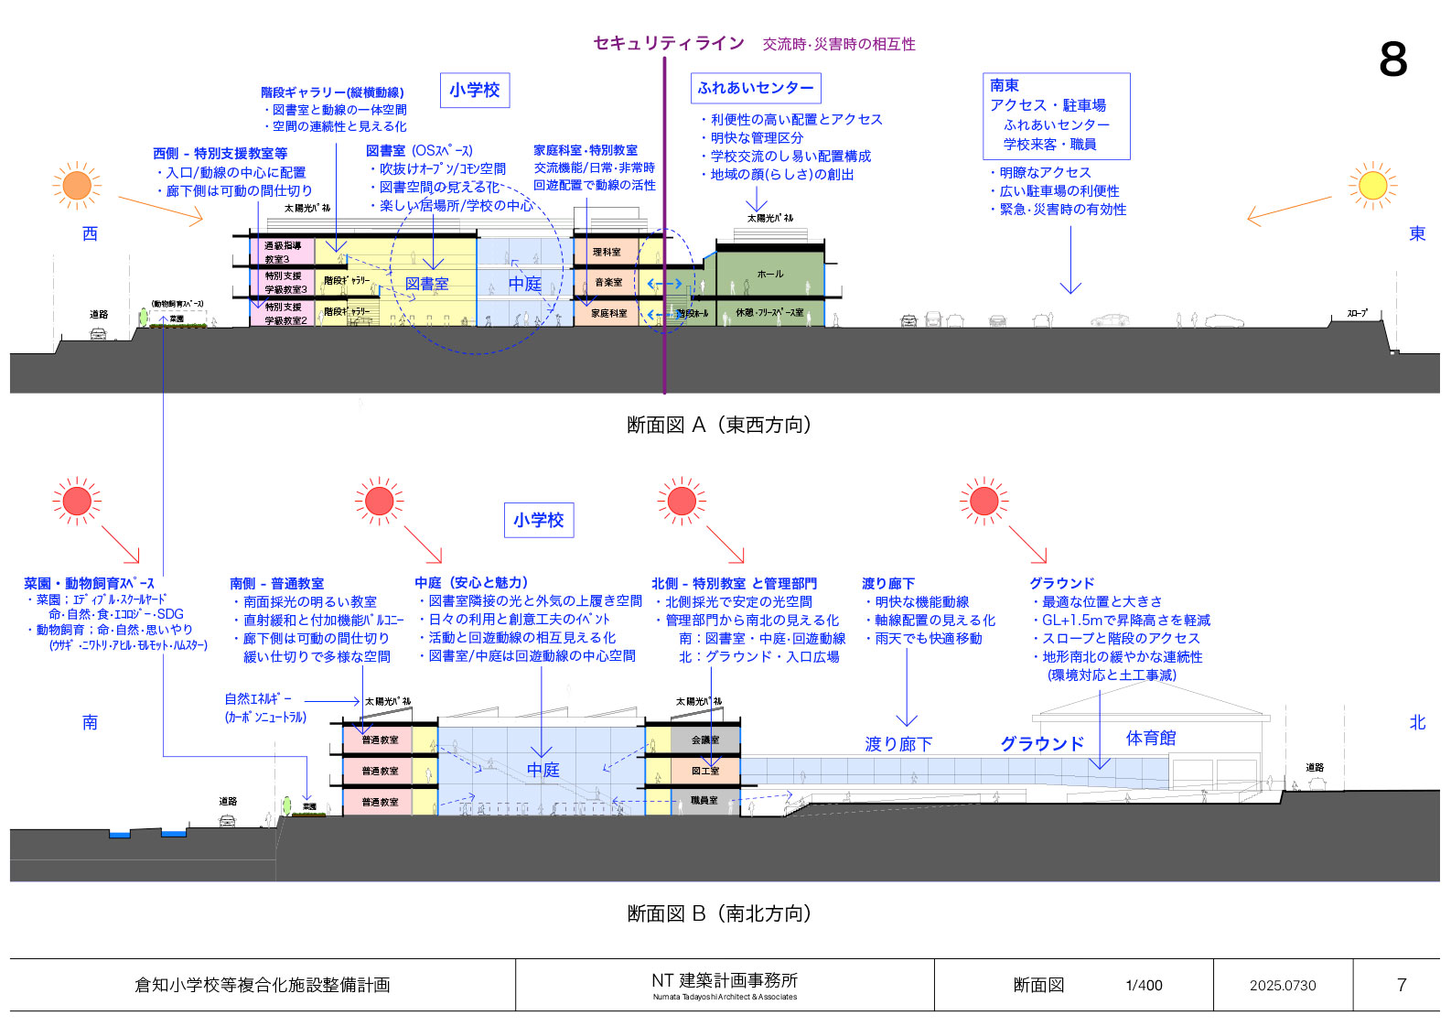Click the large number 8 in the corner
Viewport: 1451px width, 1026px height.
[1392, 59]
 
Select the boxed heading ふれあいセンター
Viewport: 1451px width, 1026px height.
[756, 88]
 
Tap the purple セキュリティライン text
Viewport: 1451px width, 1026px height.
[669, 43]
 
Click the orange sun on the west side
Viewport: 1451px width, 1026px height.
[77, 186]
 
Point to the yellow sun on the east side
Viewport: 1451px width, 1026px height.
[1372, 186]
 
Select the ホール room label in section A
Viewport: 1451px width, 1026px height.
[769, 274]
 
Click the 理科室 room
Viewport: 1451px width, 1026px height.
[606, 252]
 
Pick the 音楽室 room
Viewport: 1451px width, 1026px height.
[607, 282]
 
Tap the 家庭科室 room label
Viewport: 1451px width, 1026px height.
[608, 313]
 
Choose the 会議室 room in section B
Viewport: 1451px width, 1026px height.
[704, 740]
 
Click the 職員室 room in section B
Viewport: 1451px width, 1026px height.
[704, 801]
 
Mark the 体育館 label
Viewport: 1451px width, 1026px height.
[1150, 739]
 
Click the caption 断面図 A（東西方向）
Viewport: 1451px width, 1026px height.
[720, 425]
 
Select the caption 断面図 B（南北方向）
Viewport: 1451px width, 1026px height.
[720, 913]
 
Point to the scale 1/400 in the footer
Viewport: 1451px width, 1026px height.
[1144, 986]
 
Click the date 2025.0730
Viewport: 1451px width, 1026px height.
[1283, 986]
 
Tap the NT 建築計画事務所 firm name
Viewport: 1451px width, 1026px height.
[724, 981]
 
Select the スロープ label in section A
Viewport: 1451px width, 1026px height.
[1357, 313]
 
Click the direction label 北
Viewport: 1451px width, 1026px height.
[1417, 722]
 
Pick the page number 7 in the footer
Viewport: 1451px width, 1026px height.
[1402, 985]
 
